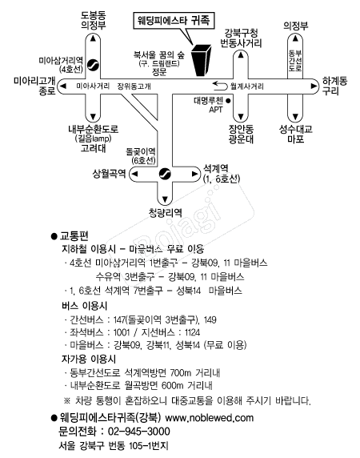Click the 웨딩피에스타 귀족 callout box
174,21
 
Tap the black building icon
201,61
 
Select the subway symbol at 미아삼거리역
93,65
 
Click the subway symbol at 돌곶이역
165,174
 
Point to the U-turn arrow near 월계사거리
220,86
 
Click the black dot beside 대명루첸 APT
228,101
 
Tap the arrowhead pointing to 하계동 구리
314,86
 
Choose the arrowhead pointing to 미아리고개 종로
62,86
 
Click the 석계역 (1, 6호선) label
221,174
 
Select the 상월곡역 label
109,174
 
